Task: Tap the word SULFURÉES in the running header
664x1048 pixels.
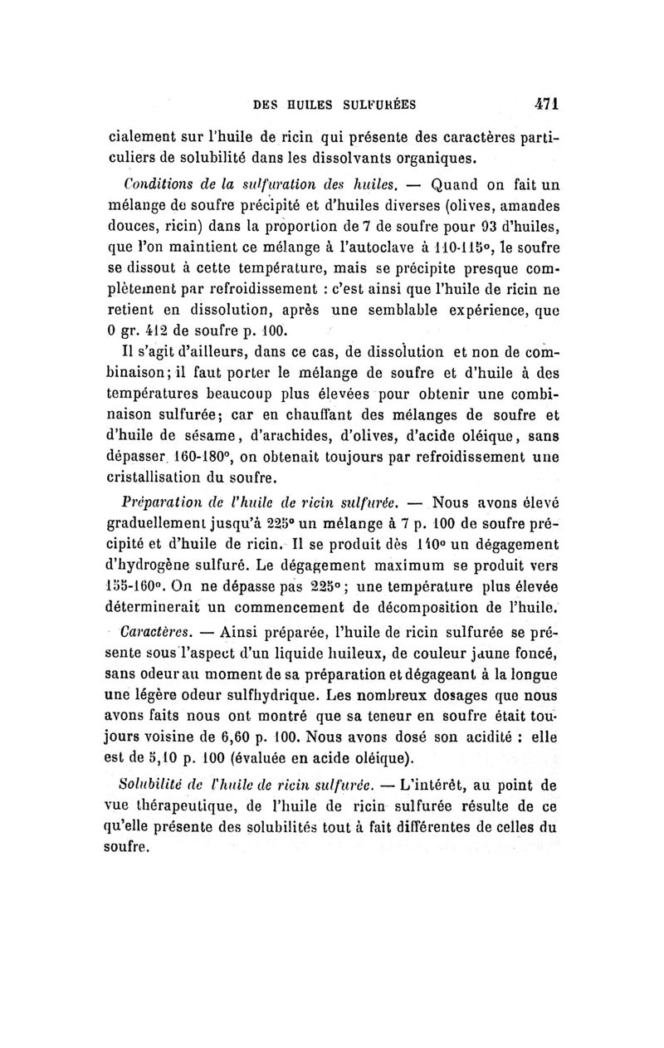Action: [x=366, y=105]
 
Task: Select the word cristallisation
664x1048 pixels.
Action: [x=158, y=479]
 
